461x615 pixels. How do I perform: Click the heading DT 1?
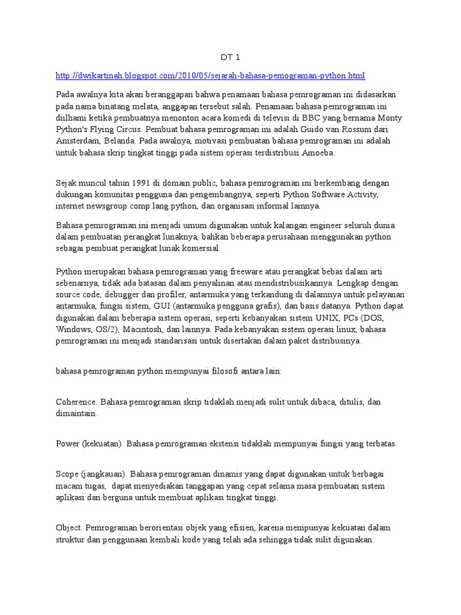[230, 58]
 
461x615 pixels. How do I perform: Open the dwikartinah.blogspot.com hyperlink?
[210, 76]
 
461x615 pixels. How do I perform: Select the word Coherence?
[76, 402]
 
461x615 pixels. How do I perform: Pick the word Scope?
[67, 473]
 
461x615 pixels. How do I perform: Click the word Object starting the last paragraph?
[69, 528]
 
